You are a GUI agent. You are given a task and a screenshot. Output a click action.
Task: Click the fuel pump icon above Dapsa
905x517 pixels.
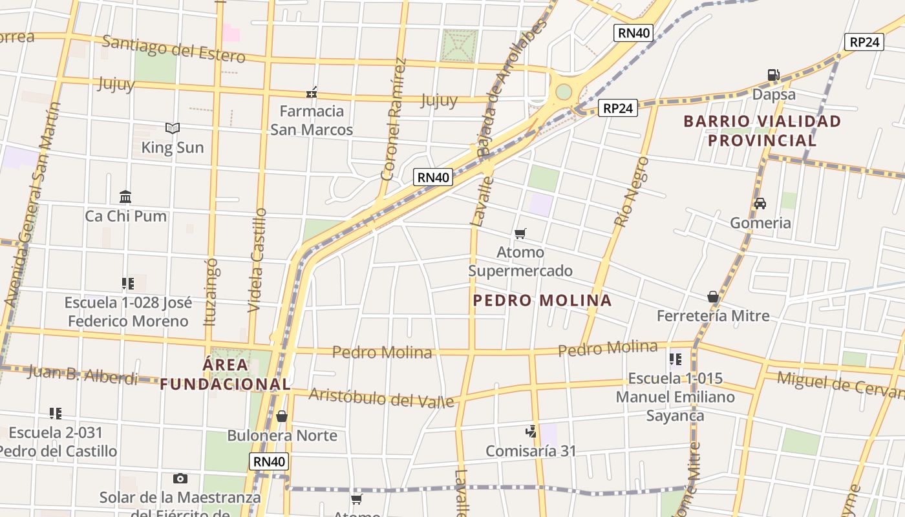click(x=773, y=75)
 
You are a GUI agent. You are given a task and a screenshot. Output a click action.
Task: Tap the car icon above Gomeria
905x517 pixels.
click(x=760, y=203)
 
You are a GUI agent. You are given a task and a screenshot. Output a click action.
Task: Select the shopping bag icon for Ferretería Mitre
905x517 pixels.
click(x=713, y=297)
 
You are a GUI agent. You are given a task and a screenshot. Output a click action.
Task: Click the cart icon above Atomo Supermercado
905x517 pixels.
click(x=520, y=233)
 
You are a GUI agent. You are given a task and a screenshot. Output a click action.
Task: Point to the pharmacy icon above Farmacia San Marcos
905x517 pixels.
click(x=312, y=92)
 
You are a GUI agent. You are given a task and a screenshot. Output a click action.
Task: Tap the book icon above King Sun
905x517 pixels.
click(x=172, y=128)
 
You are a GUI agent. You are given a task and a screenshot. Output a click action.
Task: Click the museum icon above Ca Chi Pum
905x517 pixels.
click(x=125, y=196)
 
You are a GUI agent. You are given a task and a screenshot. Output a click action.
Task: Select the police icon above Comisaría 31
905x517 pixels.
click(x=531, y=431)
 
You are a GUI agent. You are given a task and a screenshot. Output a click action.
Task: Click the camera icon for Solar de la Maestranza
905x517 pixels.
click(x=180, y=478)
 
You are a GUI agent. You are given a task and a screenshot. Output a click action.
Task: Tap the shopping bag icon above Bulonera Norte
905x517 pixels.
click(x=282, y=416)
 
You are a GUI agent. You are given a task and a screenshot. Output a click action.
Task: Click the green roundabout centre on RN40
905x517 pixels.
click(x=564, y=92)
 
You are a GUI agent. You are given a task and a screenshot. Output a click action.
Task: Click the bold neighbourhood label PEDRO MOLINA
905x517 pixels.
click(x=542, y=301)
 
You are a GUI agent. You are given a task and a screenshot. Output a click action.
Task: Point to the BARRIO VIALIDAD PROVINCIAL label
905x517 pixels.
click(x=762, y=131)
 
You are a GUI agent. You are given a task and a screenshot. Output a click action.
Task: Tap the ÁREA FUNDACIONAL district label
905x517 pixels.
click(x=225, y=374)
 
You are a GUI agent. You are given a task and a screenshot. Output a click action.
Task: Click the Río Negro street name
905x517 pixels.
click(x=632, y=191)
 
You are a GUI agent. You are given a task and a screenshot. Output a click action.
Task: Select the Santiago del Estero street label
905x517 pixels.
click(x=174, y=50)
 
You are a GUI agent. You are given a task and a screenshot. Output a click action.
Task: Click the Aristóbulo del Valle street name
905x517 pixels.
click(x=381, y=397)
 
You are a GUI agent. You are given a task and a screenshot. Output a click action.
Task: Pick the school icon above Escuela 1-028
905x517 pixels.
click(x=127, y=283)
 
